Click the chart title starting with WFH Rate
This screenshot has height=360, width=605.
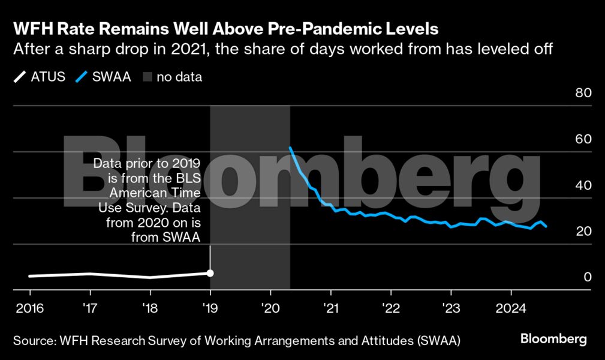click(x=226, y=29)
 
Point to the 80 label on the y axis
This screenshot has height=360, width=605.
click(x=583, y=93)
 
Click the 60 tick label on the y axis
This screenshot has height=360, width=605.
click(x=583, y=139)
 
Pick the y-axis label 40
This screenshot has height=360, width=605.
click(x=583, y=185)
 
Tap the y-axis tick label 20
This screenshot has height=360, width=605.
click(x=583, y=232)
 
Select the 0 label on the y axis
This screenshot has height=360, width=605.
click(x=588, y=277)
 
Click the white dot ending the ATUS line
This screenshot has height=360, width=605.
click(x=210, y=273)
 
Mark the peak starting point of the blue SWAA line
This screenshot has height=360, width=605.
click(x=290, y=148)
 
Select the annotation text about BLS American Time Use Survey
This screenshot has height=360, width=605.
click(x=149, y=200)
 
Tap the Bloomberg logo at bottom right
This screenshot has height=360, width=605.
click(x=553, y=339)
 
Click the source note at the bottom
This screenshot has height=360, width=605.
click(x=236, y=341)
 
